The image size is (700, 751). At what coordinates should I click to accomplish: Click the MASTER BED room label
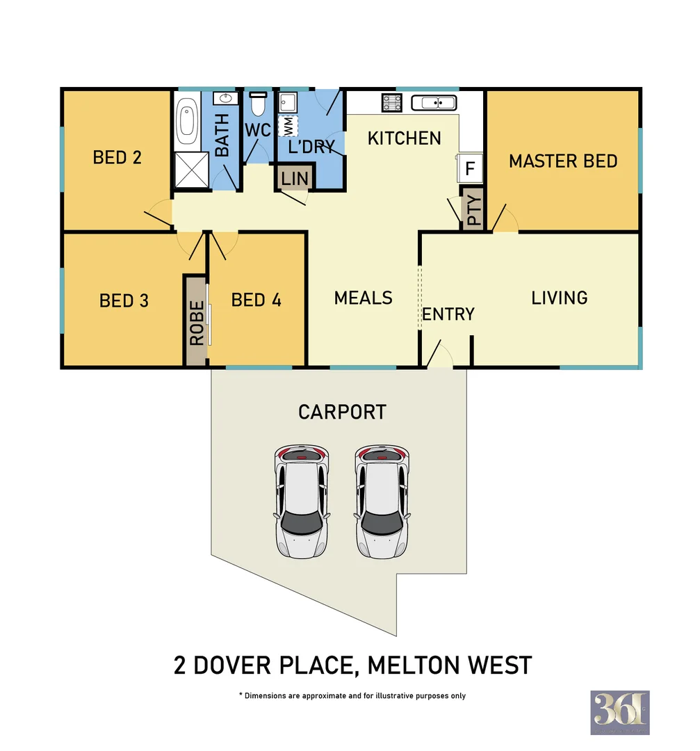563,161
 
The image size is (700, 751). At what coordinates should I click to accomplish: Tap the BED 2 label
117,157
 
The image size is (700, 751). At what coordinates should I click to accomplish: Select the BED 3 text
124,300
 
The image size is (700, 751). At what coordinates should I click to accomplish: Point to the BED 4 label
256,300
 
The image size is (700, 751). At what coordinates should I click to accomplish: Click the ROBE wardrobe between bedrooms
197,322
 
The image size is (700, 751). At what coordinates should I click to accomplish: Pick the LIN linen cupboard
295,178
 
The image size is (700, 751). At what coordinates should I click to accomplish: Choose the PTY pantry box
473,209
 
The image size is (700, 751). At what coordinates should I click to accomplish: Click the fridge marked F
470,168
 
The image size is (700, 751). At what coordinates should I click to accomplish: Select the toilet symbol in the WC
258,104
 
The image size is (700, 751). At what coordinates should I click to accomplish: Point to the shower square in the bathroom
190,170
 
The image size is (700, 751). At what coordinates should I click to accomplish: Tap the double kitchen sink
434,103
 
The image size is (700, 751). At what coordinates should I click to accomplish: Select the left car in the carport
301,501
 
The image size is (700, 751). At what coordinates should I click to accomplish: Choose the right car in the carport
381,501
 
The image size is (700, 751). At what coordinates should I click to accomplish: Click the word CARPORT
342,412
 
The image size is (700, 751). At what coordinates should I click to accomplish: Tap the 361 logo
619,712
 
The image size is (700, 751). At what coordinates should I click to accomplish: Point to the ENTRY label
448,314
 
